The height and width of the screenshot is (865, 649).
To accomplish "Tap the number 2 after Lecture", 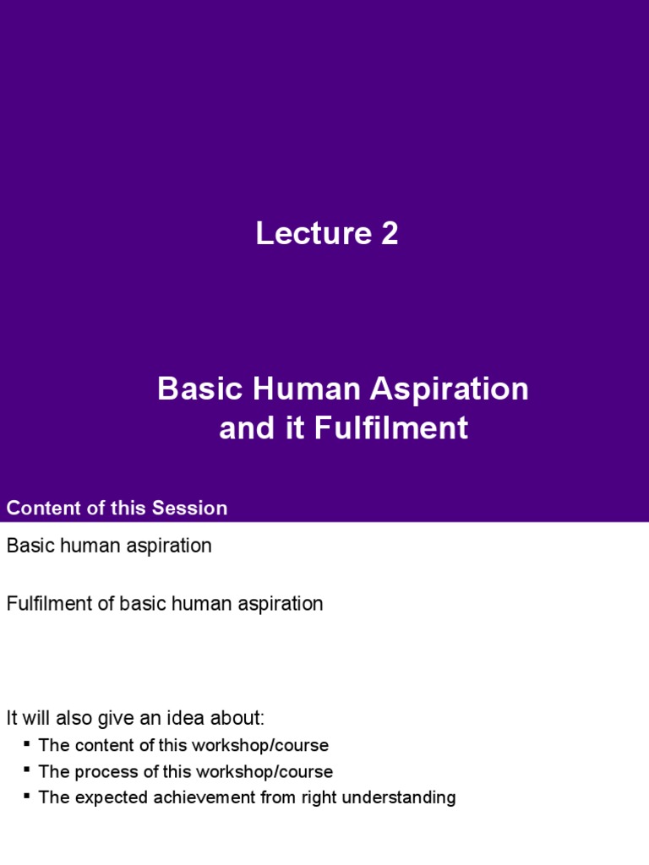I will tap(389, 234).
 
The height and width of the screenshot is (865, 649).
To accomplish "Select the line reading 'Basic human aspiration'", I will tap(109, 546).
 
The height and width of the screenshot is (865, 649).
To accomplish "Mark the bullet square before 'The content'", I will tap(27, 743).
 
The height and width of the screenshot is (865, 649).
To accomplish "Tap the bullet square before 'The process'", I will tap(27, 770).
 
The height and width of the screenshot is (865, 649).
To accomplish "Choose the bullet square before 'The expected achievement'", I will tap(27, 795).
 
